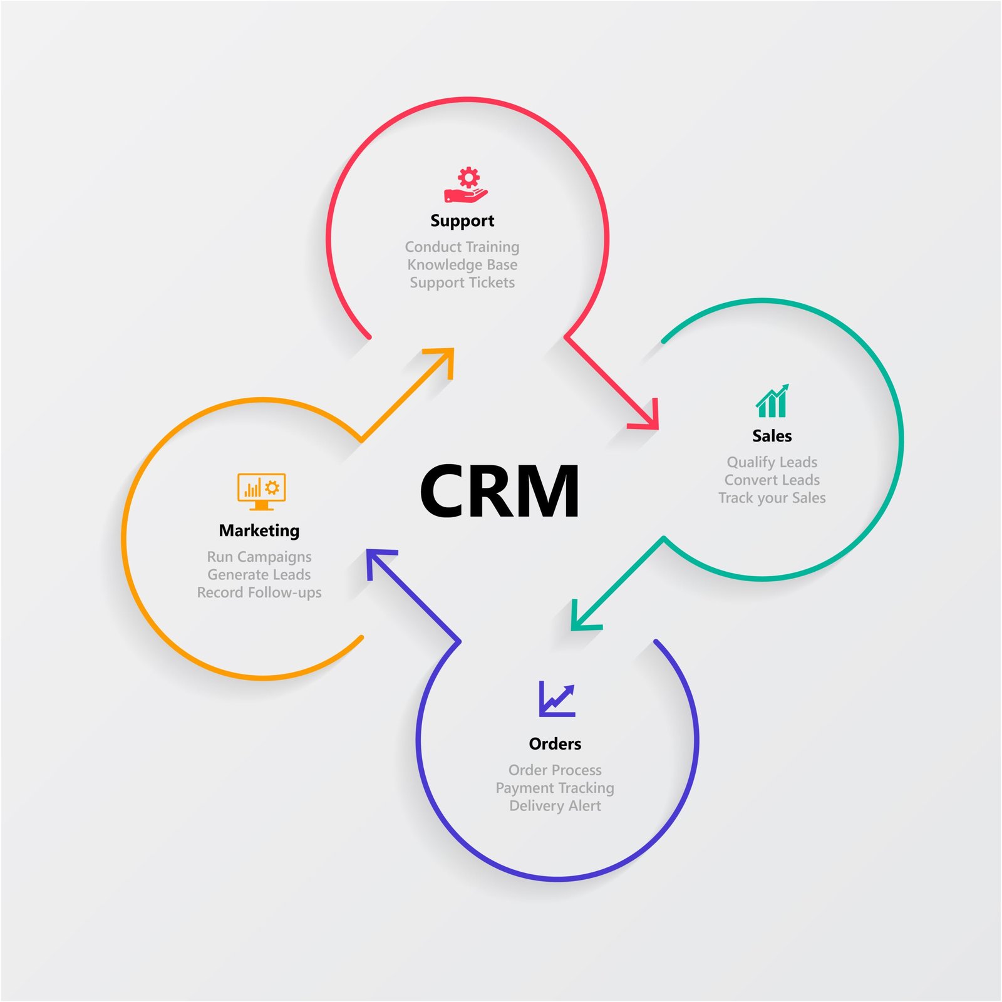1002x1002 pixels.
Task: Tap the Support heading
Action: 462,220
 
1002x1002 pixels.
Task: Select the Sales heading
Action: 772,436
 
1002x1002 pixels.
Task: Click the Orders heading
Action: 555,743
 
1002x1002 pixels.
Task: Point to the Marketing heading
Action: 259,530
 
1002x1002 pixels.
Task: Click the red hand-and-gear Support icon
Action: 466,185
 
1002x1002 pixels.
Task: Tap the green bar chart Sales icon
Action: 772,401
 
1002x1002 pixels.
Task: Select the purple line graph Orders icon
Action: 557,699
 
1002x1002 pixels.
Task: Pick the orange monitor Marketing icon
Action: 261,491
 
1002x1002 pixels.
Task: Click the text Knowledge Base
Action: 462,264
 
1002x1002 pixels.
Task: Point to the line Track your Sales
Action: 772,498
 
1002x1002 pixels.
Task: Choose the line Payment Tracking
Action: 555,788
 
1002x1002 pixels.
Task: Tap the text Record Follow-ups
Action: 259,592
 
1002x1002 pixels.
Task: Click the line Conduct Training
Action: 462,247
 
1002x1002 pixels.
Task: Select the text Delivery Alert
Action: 555,806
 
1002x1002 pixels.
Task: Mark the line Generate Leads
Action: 259,574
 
